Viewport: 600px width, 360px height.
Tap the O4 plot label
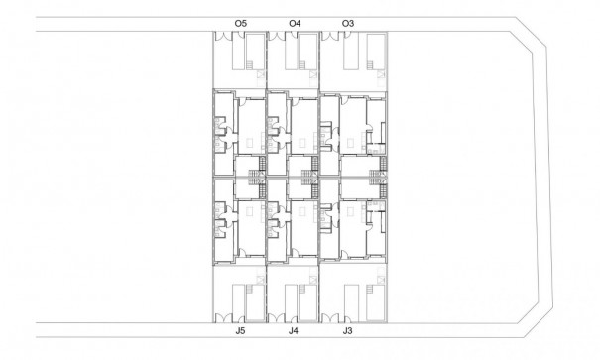coord(294,22)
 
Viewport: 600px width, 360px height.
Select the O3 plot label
coord(346,22)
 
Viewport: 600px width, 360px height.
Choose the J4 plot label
coord(294,332)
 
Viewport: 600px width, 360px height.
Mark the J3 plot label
coord(346,332)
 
